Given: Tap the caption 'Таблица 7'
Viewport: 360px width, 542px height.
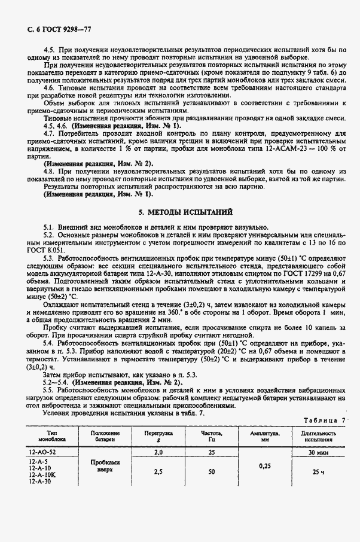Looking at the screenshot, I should (328, 421).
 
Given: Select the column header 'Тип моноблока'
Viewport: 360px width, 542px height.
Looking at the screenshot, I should (46, 435).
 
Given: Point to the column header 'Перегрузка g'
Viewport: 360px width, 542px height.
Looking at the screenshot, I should (158, 435).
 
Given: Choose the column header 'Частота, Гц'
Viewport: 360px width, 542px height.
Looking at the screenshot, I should (211, 435).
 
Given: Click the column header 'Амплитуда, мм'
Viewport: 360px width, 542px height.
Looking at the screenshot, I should (265, 435).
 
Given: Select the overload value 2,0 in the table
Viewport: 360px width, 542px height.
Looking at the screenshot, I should (158, 453).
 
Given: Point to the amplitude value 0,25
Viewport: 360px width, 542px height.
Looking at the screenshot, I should (265, 464).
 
